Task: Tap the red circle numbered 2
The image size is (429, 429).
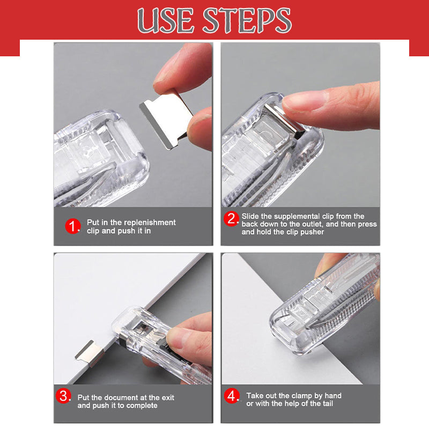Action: [232, 219]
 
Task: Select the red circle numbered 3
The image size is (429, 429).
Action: [64, 397]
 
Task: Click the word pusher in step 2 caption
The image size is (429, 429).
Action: [313, 232]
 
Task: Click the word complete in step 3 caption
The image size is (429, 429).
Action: [142, 405]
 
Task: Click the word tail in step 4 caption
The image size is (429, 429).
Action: [326, 403]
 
